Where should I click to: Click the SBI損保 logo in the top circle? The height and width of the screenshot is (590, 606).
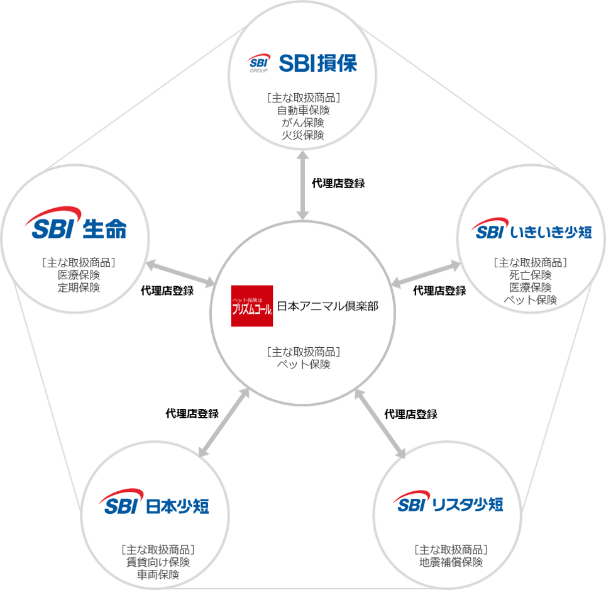tap(302, 63)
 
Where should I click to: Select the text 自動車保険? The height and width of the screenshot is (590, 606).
tap(303, 110)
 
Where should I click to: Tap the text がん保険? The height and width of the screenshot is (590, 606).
tap(303, 123)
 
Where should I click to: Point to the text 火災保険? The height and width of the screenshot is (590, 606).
tap(303, 135)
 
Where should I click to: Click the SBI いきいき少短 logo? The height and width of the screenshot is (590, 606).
tap(532, 231)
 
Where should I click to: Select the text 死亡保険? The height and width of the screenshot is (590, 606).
tap(531, 275)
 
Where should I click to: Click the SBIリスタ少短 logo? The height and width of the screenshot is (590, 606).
tap(448, 503)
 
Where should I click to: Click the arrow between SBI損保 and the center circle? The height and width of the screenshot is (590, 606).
tap(303, 185)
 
